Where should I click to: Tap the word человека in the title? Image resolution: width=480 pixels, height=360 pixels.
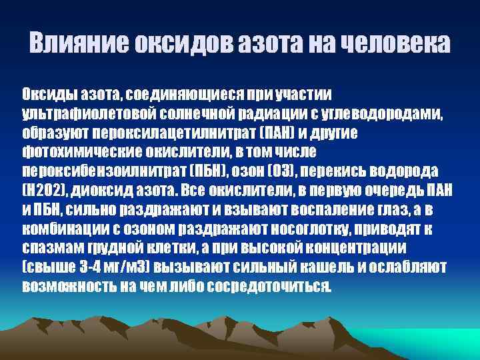pos(395,45)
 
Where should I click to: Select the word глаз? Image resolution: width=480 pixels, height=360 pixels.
pos(387,209)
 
